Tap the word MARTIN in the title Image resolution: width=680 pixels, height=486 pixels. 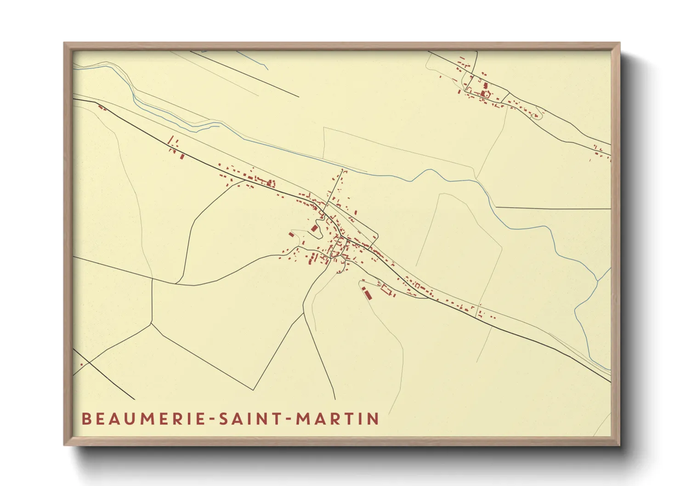337,419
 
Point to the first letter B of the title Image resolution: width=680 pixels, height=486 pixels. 86,419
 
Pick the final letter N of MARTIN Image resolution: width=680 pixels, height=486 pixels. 374,419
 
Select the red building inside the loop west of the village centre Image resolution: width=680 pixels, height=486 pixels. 315,228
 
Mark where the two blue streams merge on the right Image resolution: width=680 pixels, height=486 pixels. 597,280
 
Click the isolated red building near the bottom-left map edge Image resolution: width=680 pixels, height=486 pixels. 82,364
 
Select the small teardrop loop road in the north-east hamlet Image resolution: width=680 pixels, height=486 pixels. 536,115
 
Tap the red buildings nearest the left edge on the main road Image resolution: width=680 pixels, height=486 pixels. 102,108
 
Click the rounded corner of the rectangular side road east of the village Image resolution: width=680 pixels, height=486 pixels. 377,237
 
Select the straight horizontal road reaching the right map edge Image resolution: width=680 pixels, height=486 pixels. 551,208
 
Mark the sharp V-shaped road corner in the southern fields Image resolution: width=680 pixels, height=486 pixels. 254,390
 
